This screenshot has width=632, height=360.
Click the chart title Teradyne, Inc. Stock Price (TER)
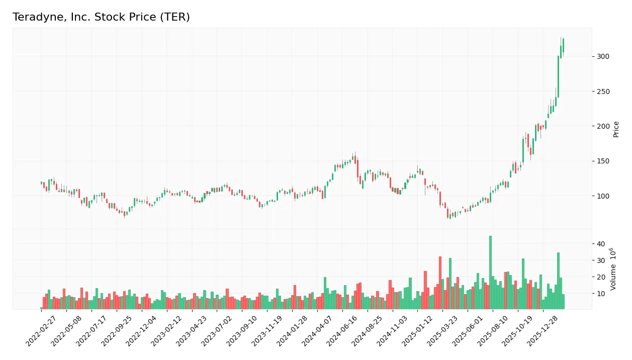(101, 17)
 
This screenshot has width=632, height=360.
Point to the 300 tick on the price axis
(603, 56)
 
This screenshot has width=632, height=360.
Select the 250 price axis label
(603, 92)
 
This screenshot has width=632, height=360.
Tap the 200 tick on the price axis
(603, 126)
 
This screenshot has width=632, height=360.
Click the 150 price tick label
(603, 161)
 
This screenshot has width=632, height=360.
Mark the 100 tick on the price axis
(603, 196)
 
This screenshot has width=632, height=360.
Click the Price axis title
(616, 129)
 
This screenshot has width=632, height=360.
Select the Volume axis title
(613, 269)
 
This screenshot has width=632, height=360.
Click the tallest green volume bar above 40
(490, 272)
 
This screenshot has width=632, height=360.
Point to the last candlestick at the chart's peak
(563, 45)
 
